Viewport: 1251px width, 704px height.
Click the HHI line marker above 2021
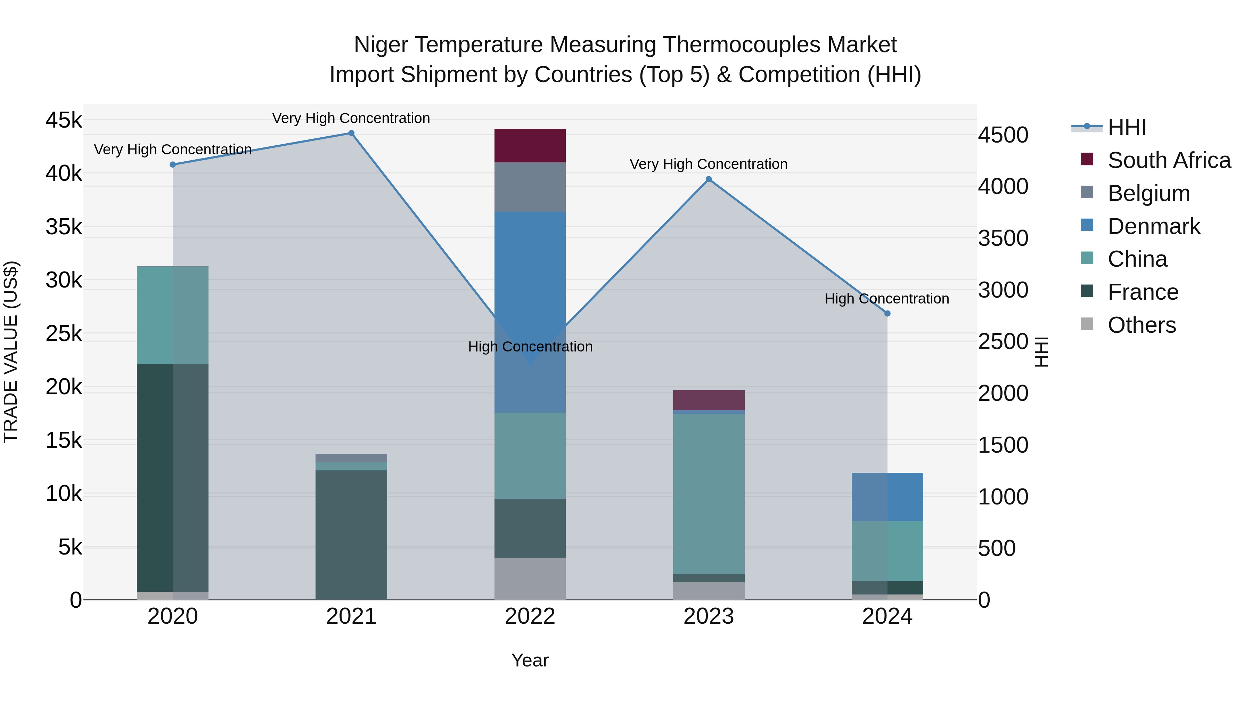[351, 133]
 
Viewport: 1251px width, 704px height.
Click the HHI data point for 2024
[887, 313]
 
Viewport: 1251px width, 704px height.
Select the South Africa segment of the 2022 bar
[530, 146]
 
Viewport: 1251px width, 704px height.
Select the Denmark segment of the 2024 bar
[887, 496]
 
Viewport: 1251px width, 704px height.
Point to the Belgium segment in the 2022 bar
[530, 187]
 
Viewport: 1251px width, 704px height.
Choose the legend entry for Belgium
[1148, 193]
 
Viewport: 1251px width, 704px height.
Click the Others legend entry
[1141, 325]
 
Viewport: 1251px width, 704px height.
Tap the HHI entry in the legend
[1127, 127]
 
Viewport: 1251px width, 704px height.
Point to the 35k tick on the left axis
[64, 227]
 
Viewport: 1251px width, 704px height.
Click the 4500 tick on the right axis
[1003, 135]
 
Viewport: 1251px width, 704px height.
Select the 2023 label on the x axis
[709, 616]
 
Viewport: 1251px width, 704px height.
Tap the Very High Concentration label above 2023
[709, 164]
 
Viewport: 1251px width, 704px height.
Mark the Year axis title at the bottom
[530, 660]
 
